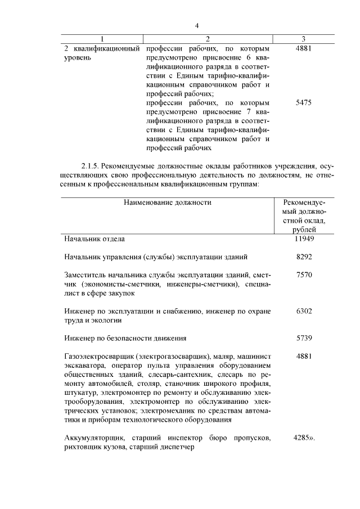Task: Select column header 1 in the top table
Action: pyautogui.click(x=102, y=39)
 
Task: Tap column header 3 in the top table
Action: pyautogui.click(x=303, y=39)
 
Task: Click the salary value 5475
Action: pyautogui.click(x=303, y=103)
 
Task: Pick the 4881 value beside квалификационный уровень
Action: pyautogui.click(x=303, y=48)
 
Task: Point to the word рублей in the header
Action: pyautogui.click(x=304, y=229)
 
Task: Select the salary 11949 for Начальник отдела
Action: pyautogui.click(x=304, y=238)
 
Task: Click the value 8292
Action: pyautogui.click(x=304, y=257)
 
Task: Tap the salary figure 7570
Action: pyautogui.click(x=304, y=275)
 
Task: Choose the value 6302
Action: pyautogui.click(x=304, y=311)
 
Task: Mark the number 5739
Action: pyautogui.click(x=304, y=338)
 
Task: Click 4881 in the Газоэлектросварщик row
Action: pyautogui.click(x=304, y=356)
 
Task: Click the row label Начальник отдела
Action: pyautogui.click(x=94, y=238)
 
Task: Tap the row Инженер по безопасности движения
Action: pyautogui.click(x=125, y=338)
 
